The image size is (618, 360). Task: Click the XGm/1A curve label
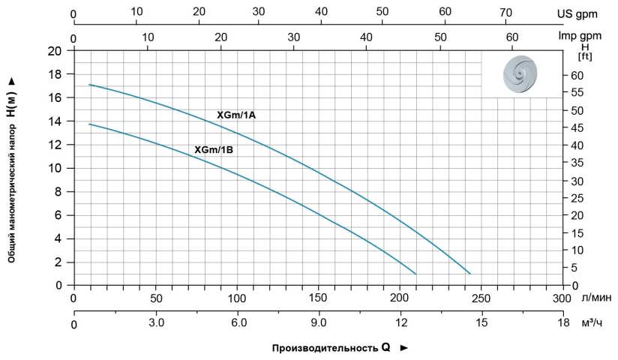click(236, 115)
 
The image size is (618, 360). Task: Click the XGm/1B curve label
click(214, 150)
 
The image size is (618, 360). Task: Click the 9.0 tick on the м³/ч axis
click(319, 323)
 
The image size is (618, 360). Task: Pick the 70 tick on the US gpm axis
click(505, 13)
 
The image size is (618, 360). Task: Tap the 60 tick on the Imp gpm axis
click(512, 37)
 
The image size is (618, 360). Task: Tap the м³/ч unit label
click(592, 323)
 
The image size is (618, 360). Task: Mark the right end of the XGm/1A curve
click(470, 274)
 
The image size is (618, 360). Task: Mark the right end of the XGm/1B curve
click(415, 274)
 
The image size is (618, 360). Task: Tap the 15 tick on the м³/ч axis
click(481, 323)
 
